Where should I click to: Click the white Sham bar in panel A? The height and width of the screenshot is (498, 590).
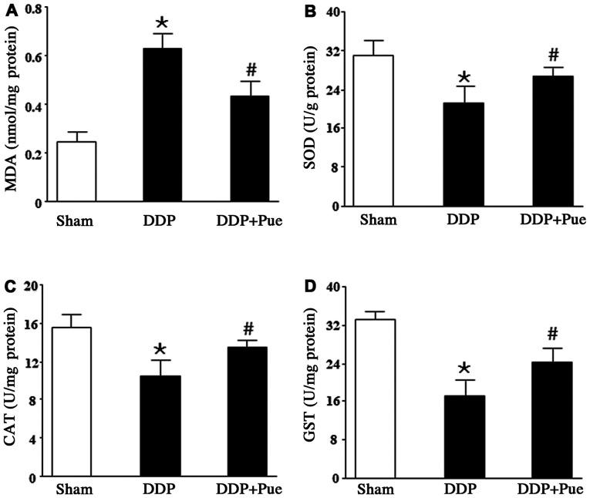76,172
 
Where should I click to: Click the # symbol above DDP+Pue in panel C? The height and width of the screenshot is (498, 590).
248,328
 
